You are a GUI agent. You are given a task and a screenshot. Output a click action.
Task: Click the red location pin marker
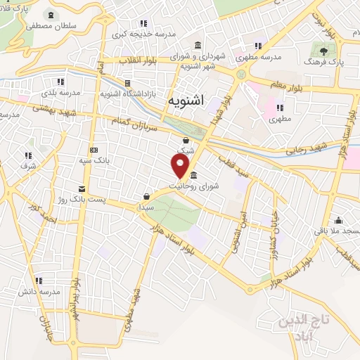point(181,166)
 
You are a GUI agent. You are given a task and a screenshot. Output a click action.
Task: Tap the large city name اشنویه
point(186,101)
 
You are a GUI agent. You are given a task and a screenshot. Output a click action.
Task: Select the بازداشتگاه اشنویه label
point(127,93)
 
